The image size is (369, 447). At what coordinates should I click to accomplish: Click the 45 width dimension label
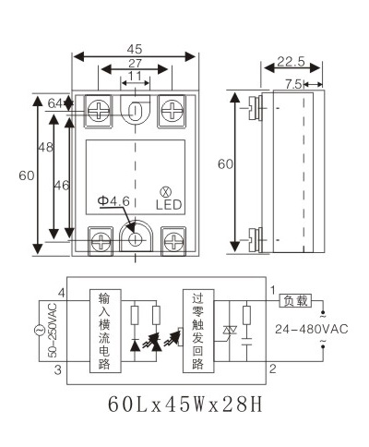[x=135, y=49]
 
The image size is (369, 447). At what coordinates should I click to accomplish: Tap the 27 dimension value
[x=135, y=64]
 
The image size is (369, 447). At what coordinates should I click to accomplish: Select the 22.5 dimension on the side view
[x=291, y=62]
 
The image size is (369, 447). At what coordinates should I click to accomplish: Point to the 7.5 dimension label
[x=293, y=84]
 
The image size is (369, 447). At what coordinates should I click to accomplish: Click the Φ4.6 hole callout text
[x=113, y=201]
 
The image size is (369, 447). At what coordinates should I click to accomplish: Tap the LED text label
[x=169, y=205]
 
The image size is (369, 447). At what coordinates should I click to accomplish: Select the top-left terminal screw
[x=99, y=111]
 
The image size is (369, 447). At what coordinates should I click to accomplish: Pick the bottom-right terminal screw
[x=173, y=242]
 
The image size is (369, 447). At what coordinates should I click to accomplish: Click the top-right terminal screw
[x=172, y=111]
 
